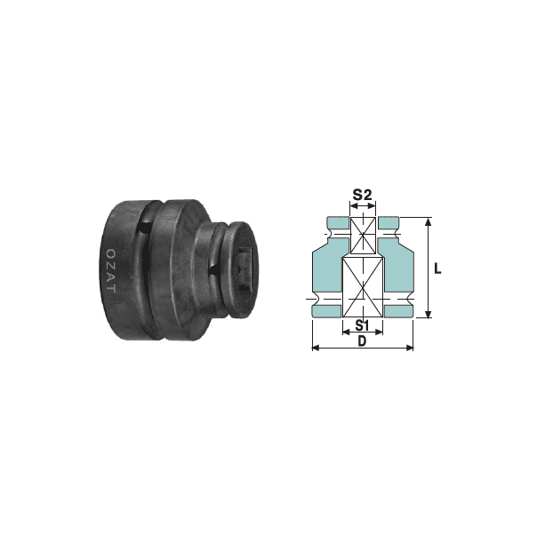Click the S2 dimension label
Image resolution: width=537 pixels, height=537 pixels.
pyautogui.click(x=363, y=196)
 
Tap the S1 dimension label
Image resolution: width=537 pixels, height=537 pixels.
pyautogui.click(x=362, y=325)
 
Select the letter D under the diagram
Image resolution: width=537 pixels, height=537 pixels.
pyautogui.click(x=362, y=341)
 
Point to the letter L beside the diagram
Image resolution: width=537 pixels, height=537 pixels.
pyautogui.click(x=437, y=268)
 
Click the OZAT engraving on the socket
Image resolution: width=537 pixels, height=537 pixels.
pyautogui.click(x=111, y=270)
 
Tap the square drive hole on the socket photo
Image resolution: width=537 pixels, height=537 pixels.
pyautogui.click(x=245, y=269)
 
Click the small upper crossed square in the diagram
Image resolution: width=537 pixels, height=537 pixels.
pyautogui.click(x=363, y=236)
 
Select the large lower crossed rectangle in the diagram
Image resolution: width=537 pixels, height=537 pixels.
pyautogui.click(x=363, y=287)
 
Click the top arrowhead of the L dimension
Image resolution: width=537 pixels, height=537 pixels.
pyautogui.click(x=428, y=221)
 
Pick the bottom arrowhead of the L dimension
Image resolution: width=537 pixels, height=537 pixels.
pyautogui.click(x=428, y=314)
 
